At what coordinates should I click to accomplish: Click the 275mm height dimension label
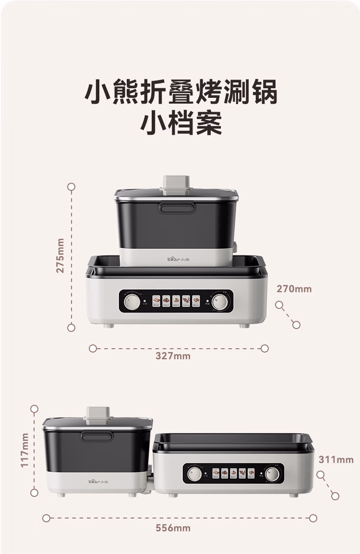pyautogui.click(x=60, y=255)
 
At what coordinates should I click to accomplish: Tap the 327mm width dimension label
pyautogui.click(x=173, y=356)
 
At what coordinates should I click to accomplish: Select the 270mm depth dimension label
pyautogui.click(x=294, y=289)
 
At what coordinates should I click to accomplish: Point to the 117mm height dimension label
pyautogui.click(x=24, y=450)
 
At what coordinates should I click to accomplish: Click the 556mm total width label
pyautogui.click(x=173, y=528)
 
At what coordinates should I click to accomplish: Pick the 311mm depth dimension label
pyautogui.click(x=336, y=460)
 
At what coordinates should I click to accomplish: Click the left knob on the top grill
pyautogui.click(x=132, y=302)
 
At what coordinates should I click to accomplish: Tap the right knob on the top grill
pyautogui.click(x=220, y=302)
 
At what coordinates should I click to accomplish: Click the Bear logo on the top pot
pyautogui.click(x=177, y=259)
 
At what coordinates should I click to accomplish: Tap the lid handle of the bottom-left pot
pyautogui.click(x=98, y=415)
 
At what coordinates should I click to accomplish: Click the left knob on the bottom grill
pyautogui.click(x=194, y=474)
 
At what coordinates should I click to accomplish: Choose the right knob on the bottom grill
pyautogui.click(x=272, y=474)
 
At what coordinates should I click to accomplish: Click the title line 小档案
pyautogui.click(x=181, y=123)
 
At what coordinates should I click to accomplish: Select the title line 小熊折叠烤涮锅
pyautogui.click(x=181, y=92)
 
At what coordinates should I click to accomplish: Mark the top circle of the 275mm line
pyautogui.click(x=72, y=187)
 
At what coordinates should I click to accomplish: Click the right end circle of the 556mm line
pyautogui.click(x=313, y=518)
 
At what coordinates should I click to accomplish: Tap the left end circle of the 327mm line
pyautogui.click(x=93, y=348)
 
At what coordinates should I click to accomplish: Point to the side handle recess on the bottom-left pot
pyautogui.click(x=97, y=436)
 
